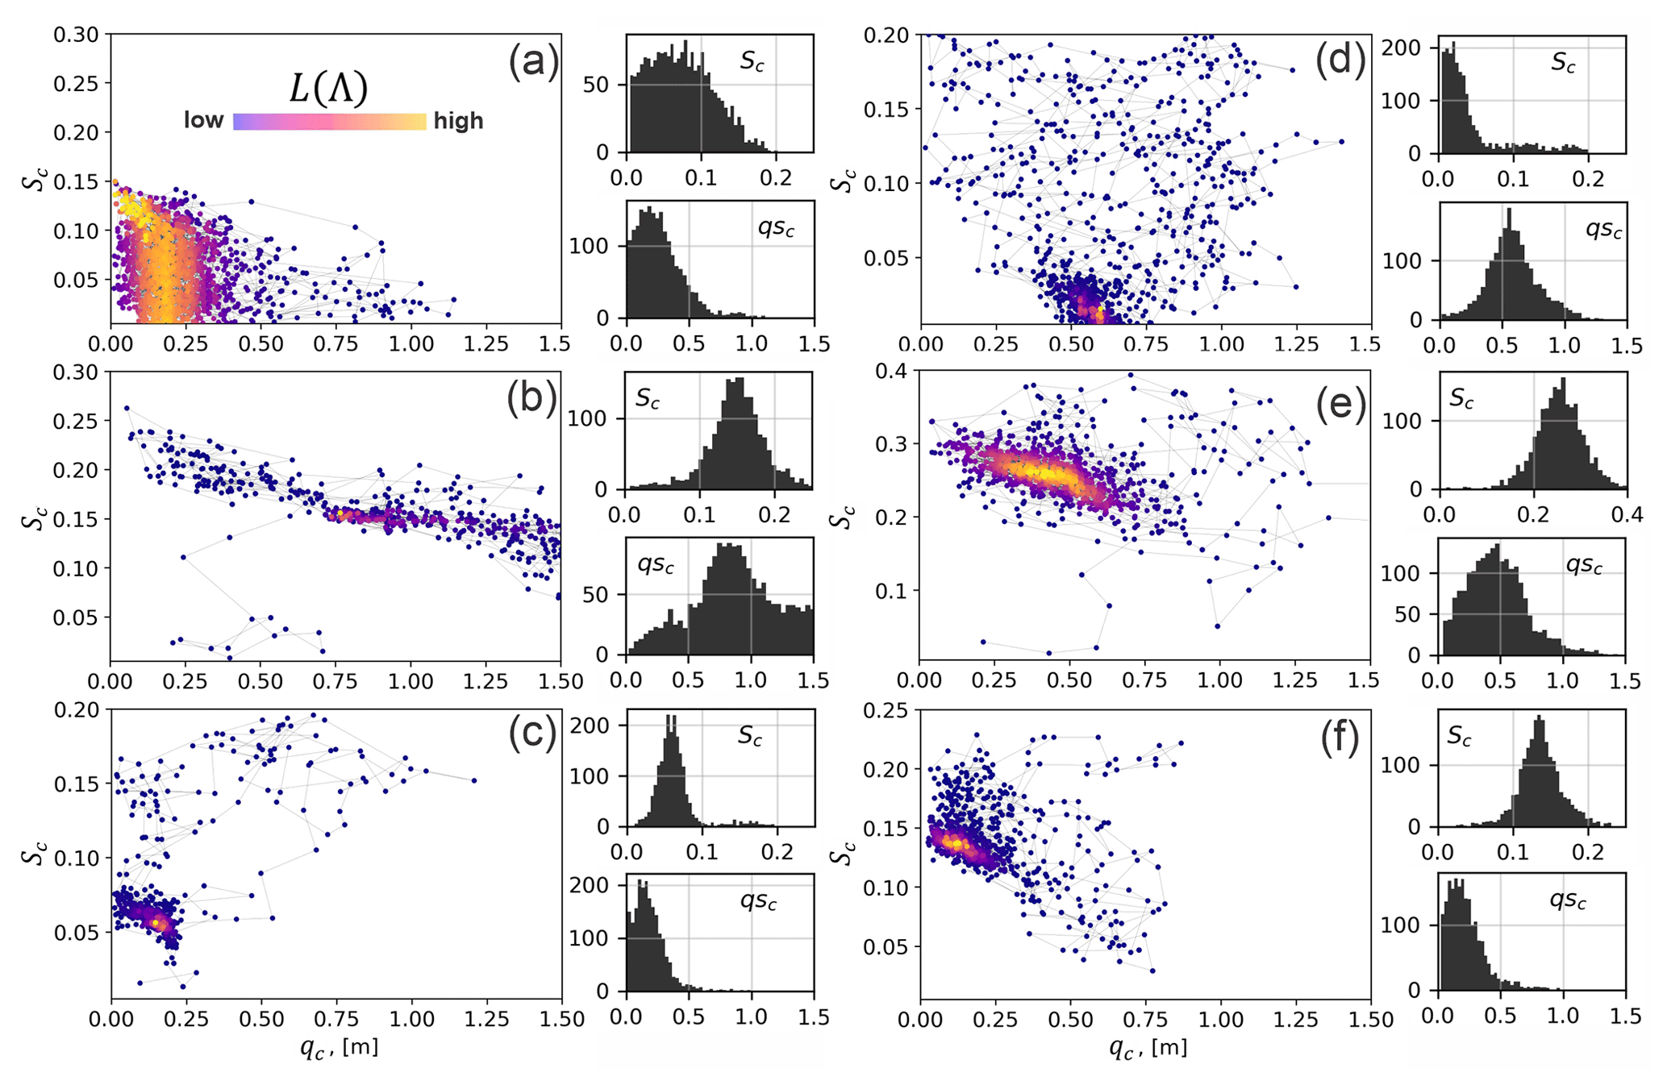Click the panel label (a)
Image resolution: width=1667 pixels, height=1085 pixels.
532,62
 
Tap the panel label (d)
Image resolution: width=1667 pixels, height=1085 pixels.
1340,62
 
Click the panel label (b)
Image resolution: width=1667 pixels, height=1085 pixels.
531,399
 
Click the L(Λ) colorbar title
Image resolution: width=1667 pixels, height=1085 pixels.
328,88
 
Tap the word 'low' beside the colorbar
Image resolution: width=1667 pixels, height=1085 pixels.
203,121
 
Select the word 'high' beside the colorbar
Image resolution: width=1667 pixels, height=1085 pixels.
458,121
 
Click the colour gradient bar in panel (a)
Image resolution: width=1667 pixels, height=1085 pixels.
329,122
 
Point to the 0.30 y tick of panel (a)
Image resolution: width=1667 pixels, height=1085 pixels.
76,35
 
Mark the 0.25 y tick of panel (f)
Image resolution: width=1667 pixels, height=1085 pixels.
886,710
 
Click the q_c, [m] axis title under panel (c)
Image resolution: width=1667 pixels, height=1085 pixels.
337,1047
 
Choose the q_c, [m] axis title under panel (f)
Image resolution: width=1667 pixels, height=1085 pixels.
1148,1047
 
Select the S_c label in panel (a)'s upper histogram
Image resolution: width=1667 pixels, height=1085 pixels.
752,63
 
